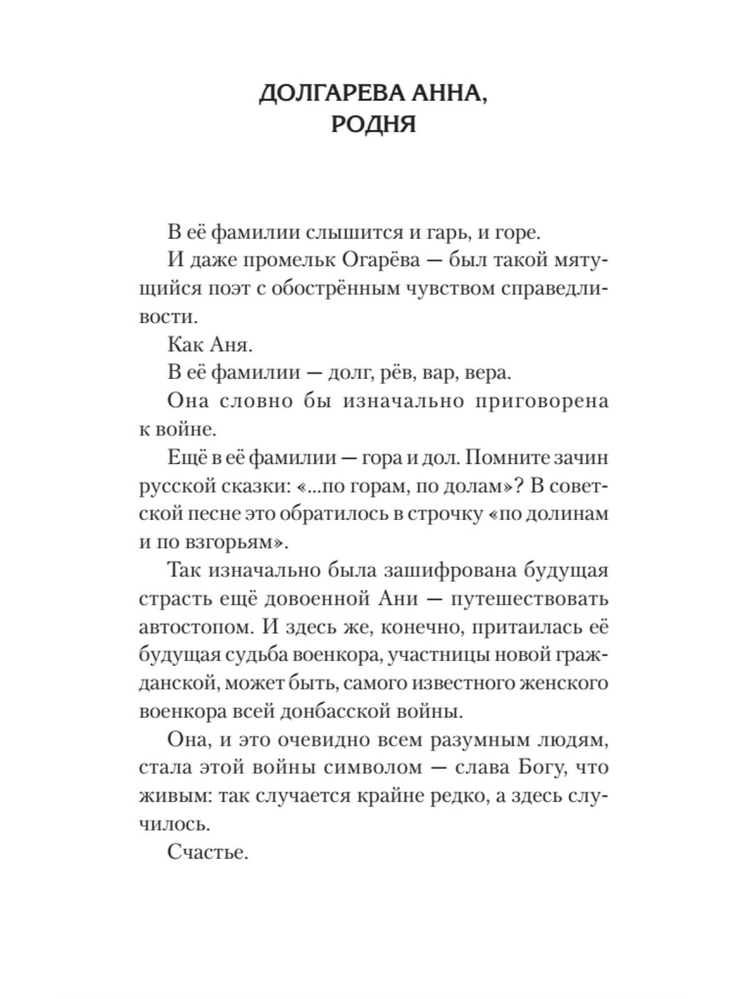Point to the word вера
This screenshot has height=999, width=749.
[x=488, y=373]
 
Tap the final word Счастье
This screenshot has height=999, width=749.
[x=208, y=852]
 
